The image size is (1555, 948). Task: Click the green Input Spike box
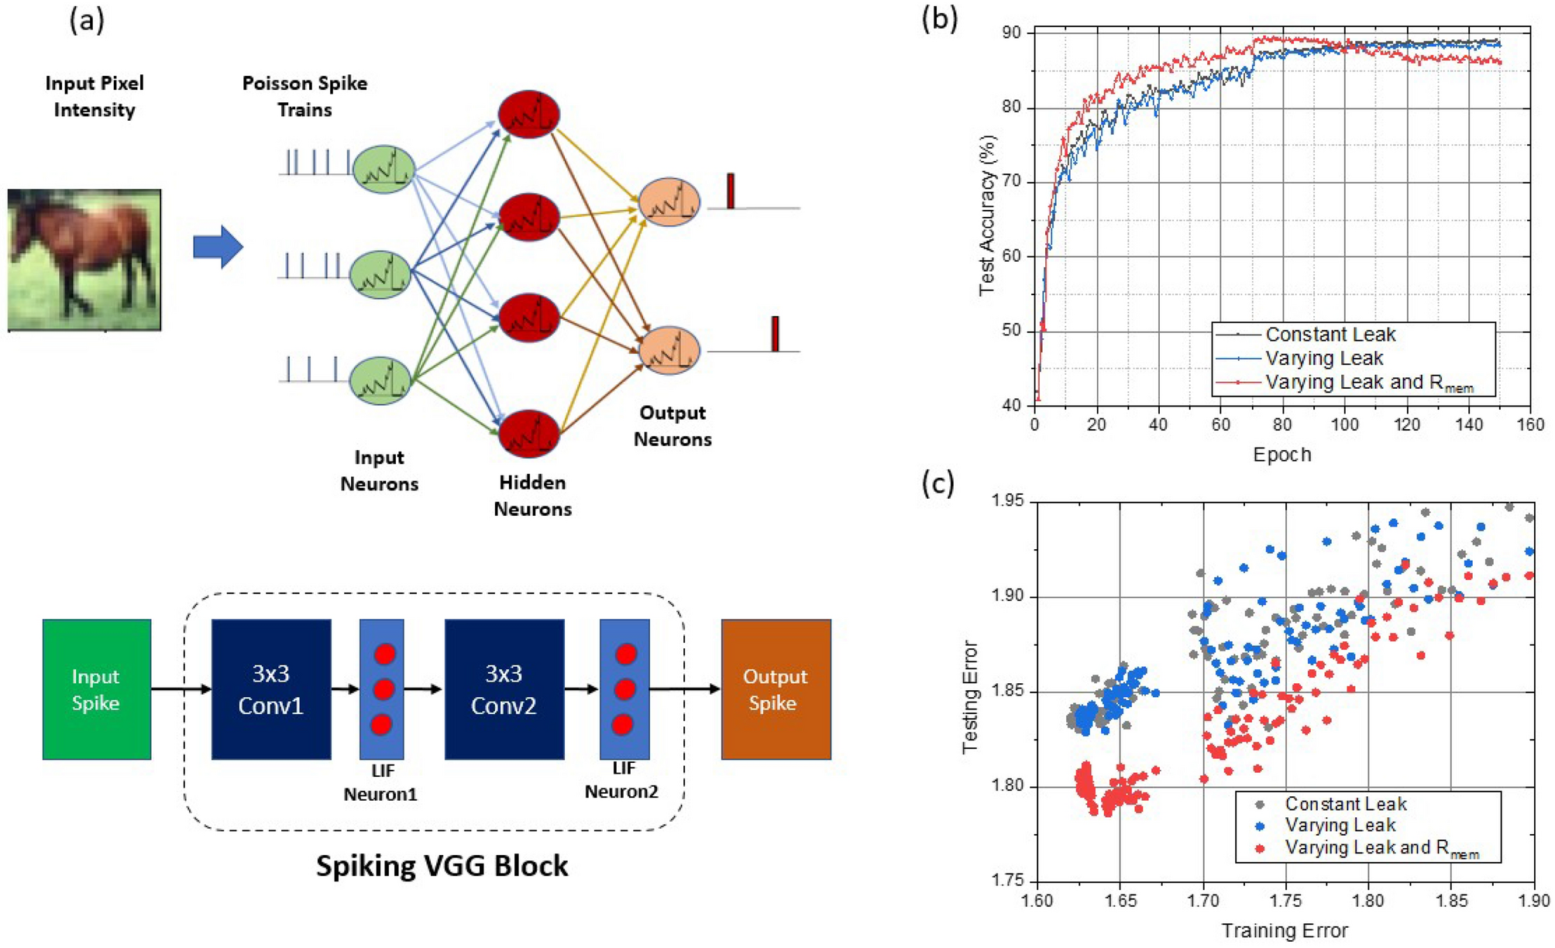96,689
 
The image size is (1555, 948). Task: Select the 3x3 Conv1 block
270,689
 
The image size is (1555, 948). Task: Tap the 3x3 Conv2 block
504,689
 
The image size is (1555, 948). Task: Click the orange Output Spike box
776,689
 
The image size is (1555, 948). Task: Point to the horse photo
84,259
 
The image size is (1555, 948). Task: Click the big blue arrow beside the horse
218,247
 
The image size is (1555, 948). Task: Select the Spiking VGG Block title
442,865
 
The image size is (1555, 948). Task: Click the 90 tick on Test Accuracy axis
1012,33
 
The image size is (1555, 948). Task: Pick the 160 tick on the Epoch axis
1530,424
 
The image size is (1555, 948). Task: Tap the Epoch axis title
1282,455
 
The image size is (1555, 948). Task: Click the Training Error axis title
1285,930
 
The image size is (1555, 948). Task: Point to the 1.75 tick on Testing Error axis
1008,881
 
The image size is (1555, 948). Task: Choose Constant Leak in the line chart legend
1330,335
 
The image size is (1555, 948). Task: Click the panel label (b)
939,19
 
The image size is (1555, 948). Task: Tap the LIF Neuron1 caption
380,782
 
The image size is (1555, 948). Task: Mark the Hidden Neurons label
532,496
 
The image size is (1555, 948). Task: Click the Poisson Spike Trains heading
304,96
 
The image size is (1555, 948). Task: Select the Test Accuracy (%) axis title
986,215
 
